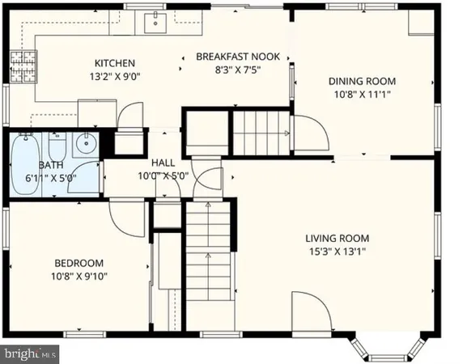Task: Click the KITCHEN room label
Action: [x=114, y=63]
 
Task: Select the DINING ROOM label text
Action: [x=361, y=81]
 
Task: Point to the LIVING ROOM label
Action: [x=337, y=238]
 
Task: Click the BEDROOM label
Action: [x=79, y=263]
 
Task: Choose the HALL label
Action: [x=163, y=162]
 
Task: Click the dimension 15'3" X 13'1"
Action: [x=337, y=252]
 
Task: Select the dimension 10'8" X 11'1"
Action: [x=361, y=94]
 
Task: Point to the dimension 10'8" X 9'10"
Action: [x=79, y=276]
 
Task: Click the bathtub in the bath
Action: [x=26, y=164]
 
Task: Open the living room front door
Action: [x=312, y=314]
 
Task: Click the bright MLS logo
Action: [x=31, y=353]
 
